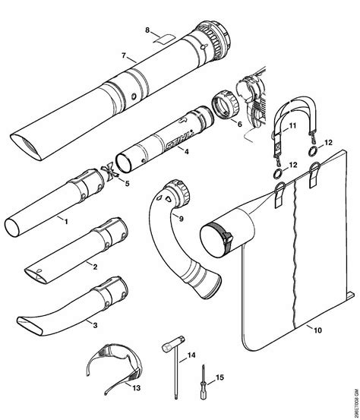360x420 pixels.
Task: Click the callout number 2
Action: coord(93,266)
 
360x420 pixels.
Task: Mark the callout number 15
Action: coord(219,378)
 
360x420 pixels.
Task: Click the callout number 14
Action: coord(191,355)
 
